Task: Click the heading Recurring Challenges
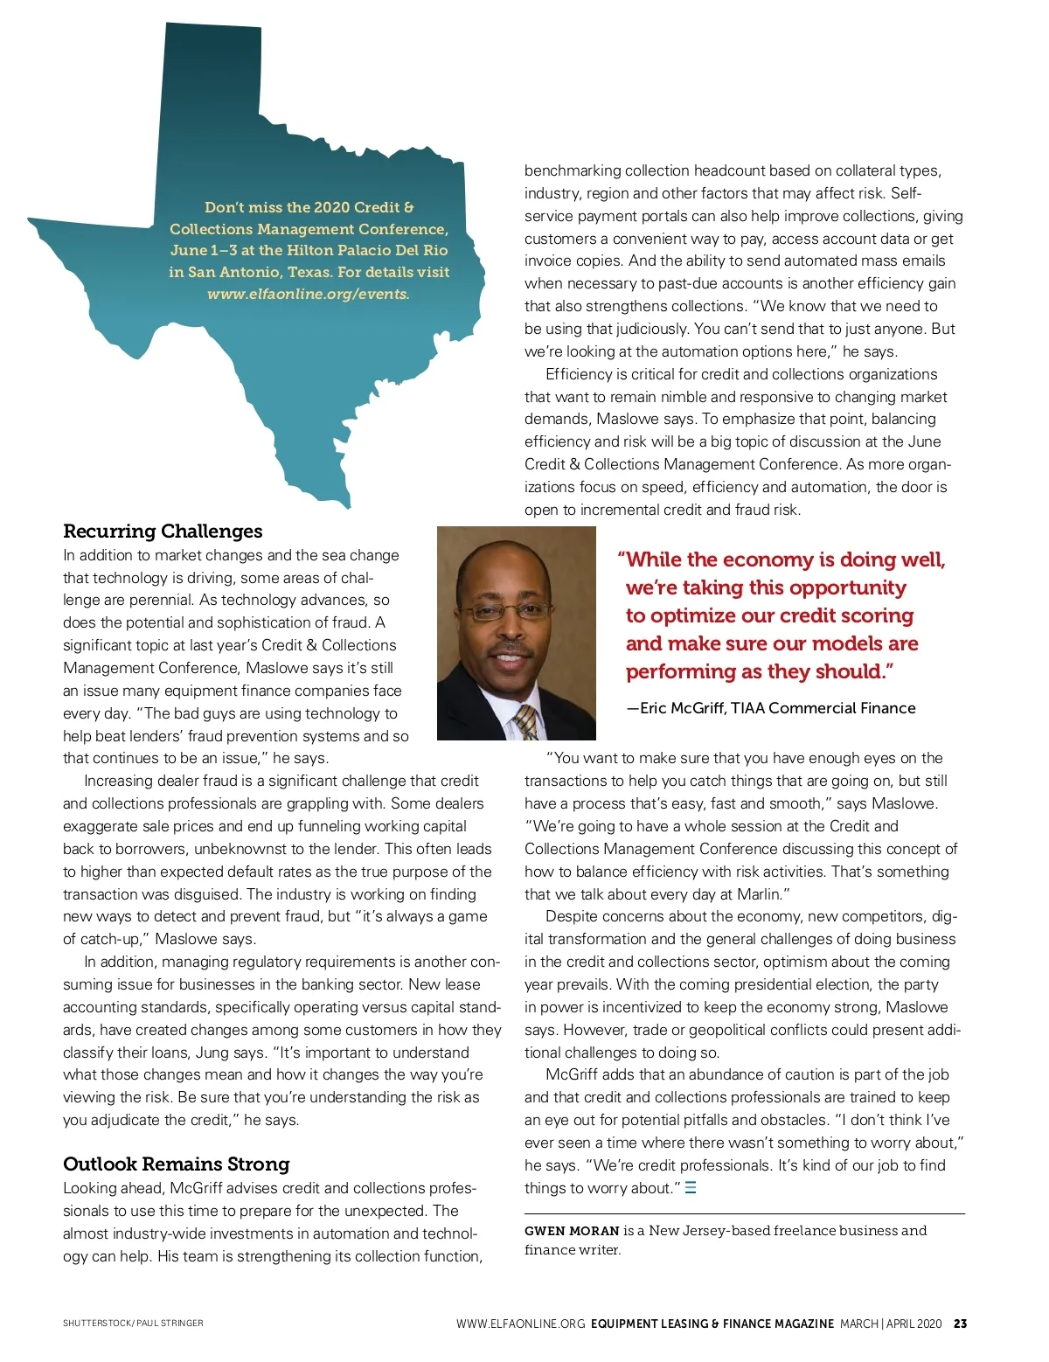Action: (x=163, y=532)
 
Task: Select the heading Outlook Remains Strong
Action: (x=176, y=1164)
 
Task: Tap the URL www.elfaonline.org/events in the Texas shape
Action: (x=308, y=294)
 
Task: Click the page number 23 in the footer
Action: (x=960, y=1324)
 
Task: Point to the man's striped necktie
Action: (x=526, y=722)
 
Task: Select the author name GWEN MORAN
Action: (x=572, y=1231)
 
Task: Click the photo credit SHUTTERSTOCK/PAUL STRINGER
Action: (x=133, y=1324)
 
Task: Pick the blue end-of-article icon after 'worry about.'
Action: (x=691, y=1188)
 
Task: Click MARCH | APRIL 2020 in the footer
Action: (x=891, y=1324)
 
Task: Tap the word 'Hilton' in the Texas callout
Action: (x=309, y=250)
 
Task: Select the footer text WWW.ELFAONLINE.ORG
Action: (x=520, y=1324)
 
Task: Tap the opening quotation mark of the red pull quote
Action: (x=622, y=559)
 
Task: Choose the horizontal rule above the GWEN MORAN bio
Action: (x=745, y=1213)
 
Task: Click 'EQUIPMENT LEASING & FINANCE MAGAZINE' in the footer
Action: (x=712, y=1324)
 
